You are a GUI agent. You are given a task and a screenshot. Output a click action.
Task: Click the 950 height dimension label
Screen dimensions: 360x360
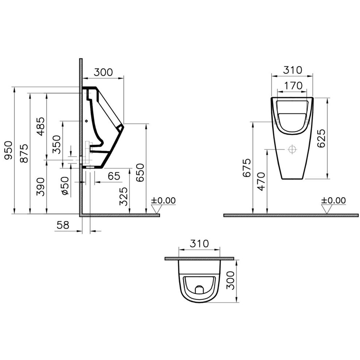9,151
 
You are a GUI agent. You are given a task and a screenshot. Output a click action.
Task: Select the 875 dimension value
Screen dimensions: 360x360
24,153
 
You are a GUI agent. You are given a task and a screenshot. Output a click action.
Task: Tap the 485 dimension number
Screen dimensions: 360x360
41,127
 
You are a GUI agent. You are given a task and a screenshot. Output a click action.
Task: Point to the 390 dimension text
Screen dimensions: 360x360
41,187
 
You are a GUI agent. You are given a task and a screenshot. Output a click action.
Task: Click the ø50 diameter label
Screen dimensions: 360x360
65,186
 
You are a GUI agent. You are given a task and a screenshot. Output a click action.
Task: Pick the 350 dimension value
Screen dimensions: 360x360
57,144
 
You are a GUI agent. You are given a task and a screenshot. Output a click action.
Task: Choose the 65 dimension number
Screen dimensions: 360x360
114,176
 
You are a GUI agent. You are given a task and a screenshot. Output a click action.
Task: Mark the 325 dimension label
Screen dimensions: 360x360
123,196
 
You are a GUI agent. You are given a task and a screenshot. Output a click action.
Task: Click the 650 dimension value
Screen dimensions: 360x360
140,172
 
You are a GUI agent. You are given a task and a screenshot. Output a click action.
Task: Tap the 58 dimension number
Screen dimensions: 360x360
63,225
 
